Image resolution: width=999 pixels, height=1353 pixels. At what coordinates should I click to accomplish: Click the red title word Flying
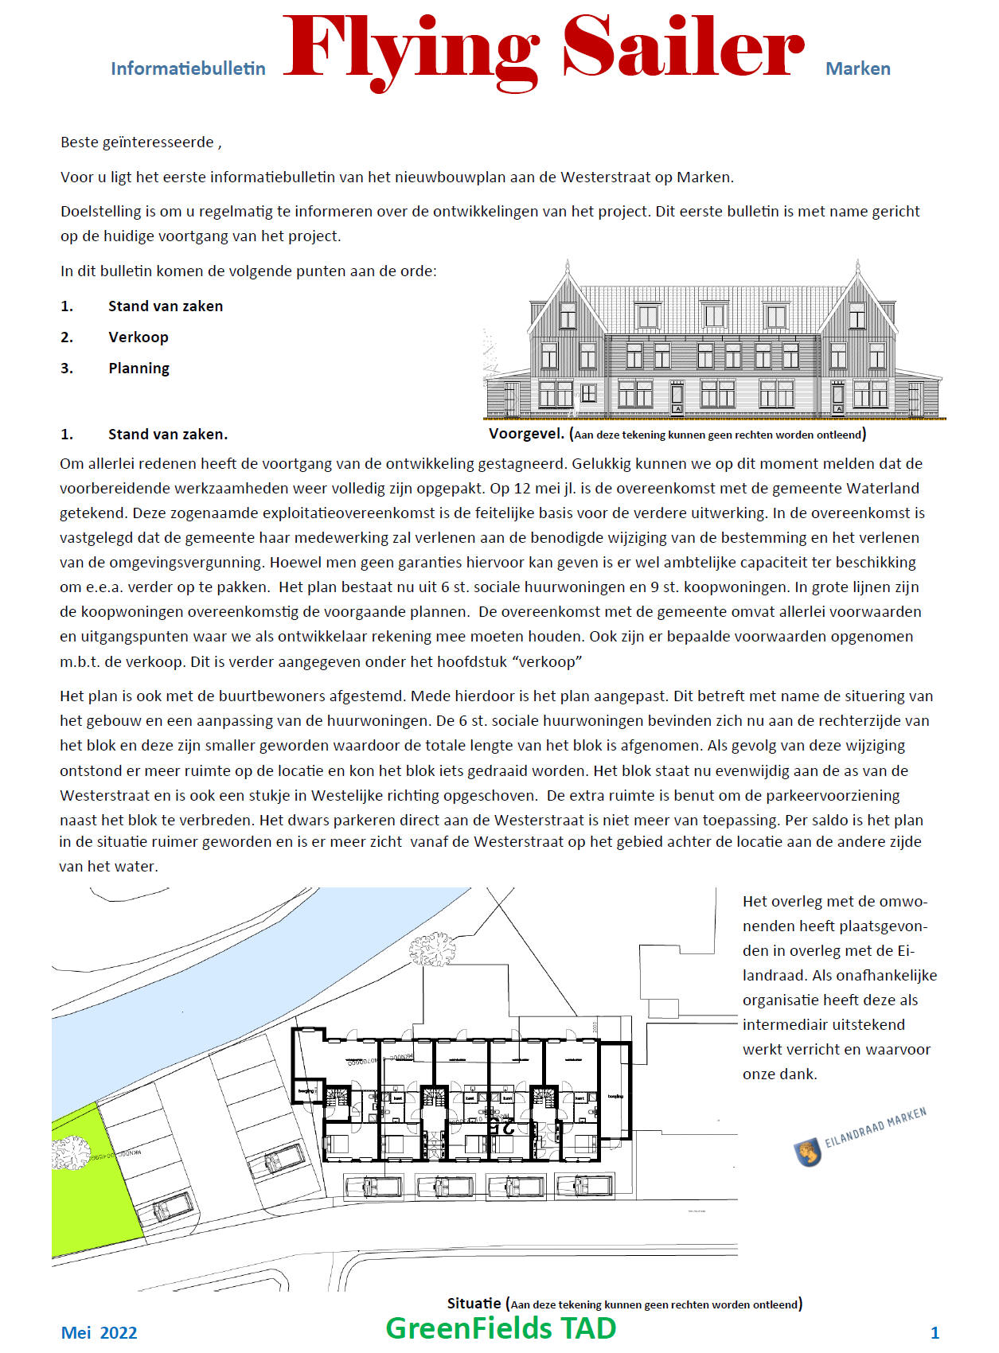click(411, 49)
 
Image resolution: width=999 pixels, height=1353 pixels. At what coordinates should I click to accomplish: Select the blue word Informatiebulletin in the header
click(188, 68)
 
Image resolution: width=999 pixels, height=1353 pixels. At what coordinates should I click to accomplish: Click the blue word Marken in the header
click(857, 68)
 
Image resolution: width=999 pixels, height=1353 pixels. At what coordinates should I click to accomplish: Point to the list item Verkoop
click(139, 337)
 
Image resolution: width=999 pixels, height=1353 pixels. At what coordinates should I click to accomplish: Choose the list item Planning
click(139, 368)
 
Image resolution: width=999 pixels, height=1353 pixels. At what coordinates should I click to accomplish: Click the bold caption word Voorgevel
click(526, 434)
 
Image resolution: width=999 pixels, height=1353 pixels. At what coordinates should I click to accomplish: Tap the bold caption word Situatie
click(474, 1303)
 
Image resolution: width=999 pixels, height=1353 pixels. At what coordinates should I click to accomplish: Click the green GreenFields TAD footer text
click(501, 1328)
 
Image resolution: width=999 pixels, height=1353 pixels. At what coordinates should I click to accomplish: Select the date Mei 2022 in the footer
click(99, 1332)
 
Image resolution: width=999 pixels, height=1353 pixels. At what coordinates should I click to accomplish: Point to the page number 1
click(935, 1332)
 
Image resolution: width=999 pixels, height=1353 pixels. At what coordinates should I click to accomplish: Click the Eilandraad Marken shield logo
click(808, 1152)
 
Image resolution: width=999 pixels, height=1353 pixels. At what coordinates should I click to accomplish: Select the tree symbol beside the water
click(431, 949)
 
